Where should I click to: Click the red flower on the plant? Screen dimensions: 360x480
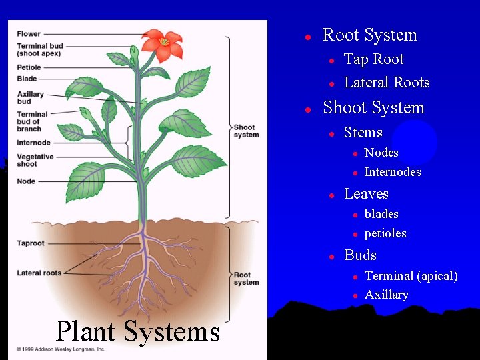point(163,44)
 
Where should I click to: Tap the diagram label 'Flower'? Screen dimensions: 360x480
point(29,34)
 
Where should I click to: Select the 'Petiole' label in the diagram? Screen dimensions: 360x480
point(29,67)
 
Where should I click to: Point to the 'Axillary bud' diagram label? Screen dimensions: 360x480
point(31,98)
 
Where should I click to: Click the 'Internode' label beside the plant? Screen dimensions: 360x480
point(33,143)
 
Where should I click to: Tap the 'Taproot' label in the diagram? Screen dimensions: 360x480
point(31,243)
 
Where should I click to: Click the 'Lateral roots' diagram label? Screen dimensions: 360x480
point(39,273)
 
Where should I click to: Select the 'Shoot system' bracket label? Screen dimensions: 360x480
point(246,131)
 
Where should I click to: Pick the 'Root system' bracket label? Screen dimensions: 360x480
point(246,278)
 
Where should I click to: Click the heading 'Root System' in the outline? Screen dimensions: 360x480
point(369,35)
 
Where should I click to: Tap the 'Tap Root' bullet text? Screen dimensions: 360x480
point(373,59)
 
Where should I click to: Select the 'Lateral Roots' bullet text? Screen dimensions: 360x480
point(387,83)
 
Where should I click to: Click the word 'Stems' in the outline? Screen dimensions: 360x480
point(363,133)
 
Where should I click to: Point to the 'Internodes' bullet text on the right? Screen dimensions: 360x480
point(393,172)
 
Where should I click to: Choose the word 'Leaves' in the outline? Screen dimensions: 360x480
point(366,194)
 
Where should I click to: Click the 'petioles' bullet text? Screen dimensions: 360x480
point(385,233)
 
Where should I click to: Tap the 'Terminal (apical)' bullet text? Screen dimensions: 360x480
point(411,276)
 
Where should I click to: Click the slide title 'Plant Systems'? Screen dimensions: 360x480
point(137,331)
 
